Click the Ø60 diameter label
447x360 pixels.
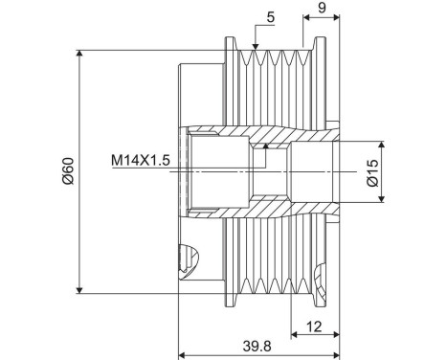[x=68, y=170]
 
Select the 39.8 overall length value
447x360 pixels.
[x=257, y=346]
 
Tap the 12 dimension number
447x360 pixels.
[x=314, y=326]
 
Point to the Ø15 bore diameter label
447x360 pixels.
[x=372, y=172]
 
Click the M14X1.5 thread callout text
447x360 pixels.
[x=141, y=160]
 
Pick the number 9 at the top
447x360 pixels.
[x=322, y=8]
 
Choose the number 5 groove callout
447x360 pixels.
[x=271, y=17]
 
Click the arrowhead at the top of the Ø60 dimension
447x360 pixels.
[x=79, y=54]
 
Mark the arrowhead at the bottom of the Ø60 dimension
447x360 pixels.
[x=79, y=290]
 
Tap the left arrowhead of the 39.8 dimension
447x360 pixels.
[x=182, y=354]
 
